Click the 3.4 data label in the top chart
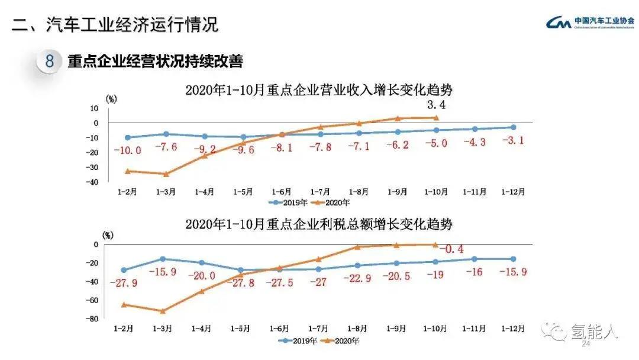[435, 105]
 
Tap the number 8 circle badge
[50, 61]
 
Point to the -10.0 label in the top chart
[128, 150]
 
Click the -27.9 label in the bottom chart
[124, 283]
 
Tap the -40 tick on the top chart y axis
[92, 182]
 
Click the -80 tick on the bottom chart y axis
[92, 319]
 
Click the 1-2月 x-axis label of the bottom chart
[124, 328]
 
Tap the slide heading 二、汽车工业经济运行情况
[115, 24]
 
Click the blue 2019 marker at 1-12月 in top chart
[513, 127]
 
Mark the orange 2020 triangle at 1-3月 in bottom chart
[164, 310]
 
